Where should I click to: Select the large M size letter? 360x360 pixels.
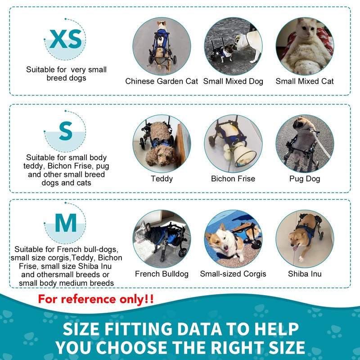click(66, 223)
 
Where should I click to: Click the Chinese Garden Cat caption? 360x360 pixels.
click(162, 81)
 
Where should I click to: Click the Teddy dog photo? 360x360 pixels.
click(162, 144)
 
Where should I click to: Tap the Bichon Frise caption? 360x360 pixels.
click(233, 179)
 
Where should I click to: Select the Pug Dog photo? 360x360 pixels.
click(305, 144)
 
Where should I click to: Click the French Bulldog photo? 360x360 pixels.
click(162, 239)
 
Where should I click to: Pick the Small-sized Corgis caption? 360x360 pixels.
click(233, 274)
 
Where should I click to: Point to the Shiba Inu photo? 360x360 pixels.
click(305, 239)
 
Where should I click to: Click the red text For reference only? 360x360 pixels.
click(95, 299)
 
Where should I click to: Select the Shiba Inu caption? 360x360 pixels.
click(305, 274)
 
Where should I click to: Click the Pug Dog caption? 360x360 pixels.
click(305, 179)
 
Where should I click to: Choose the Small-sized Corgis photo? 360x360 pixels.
click(233, 239)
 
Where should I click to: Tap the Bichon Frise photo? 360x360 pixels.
click(233, 144)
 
